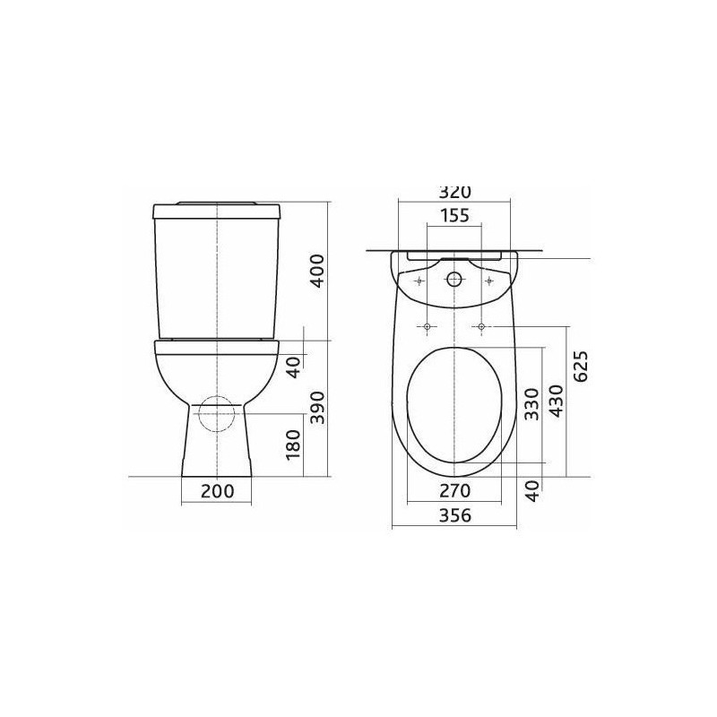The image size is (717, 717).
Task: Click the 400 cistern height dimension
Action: click(317, 271)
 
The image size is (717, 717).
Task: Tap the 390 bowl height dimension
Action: click(317, 408)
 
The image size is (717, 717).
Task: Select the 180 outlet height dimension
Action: click(293, 444)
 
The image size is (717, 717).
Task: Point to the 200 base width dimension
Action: click(217, 491)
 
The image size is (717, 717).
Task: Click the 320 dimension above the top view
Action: click(454, 192)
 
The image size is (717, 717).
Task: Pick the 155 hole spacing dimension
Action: click(454, 215)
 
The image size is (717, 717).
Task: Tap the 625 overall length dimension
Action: click(581, 367)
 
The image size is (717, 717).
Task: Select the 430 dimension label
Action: click(557, 401)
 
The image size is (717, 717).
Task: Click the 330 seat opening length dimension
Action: click(531, 404)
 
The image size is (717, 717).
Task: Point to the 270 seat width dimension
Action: click(454, 490)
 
